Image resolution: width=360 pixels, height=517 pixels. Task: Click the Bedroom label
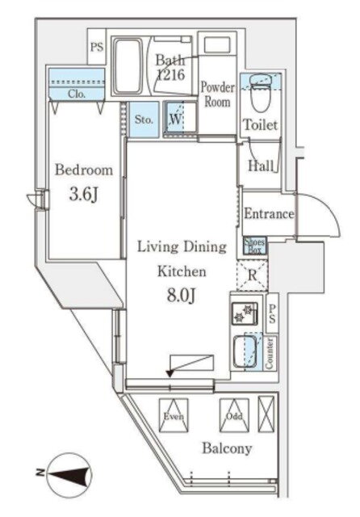point(84,170)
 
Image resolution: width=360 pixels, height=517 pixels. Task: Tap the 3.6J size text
point(83,194)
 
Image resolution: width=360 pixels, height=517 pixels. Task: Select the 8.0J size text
point(182,296)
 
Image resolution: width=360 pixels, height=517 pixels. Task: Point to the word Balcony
point(227,448)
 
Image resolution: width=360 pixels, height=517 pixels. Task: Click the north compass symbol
point(69,473)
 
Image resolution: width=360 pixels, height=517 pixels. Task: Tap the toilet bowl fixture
point(261,91)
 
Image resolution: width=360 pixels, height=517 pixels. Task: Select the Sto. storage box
point(144,120)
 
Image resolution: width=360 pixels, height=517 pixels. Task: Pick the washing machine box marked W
point(180,119)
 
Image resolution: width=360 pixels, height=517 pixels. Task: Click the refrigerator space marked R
point(253,275)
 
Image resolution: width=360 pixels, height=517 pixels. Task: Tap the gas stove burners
point(244,313)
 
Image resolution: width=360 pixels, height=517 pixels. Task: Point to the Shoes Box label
point(254,246)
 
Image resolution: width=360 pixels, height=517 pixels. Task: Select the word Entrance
point(269,213)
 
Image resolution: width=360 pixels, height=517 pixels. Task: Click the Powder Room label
point(217,95)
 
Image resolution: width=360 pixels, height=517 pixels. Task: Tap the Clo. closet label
point(77,94)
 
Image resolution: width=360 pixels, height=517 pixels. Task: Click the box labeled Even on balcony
point(174,415)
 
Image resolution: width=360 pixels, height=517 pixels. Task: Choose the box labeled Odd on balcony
point(234,415)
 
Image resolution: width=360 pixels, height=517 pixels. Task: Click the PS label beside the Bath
point(97,48)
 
